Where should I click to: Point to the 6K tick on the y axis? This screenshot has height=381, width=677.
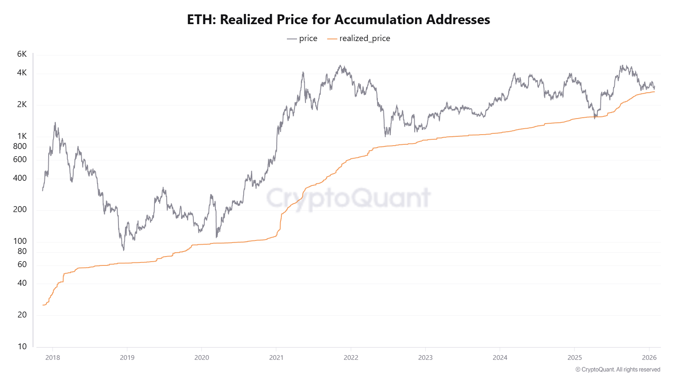tap(22, 54)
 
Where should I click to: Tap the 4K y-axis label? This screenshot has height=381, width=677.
tap(22, 73)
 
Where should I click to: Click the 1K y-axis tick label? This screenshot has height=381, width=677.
tap(22, 136)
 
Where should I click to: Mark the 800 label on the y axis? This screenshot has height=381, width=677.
tap(20, 146)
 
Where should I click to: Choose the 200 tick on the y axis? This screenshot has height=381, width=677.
tap(20, 210)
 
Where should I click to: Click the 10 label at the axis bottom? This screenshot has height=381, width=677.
tap(22, 347)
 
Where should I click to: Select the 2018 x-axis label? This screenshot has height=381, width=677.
tap(52, 358)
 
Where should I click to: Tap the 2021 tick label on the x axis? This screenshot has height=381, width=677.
tap(276, 358)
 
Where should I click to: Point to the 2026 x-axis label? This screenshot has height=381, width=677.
tap(649, 358)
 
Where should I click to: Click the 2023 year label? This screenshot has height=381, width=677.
tap(425, 358)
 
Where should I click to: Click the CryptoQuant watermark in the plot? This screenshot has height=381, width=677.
tap(348, 198)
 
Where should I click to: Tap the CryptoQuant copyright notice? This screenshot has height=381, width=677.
tap(618, 370)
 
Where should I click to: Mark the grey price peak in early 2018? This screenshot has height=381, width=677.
tap(55, 123)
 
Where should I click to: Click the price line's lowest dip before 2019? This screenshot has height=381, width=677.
tap(124, 250)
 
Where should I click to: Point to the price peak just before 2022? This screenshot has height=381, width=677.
tap(340, 66)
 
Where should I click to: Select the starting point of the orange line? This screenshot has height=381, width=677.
tap(43, 305)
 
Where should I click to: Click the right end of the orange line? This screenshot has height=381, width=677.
tap(655, 91)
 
